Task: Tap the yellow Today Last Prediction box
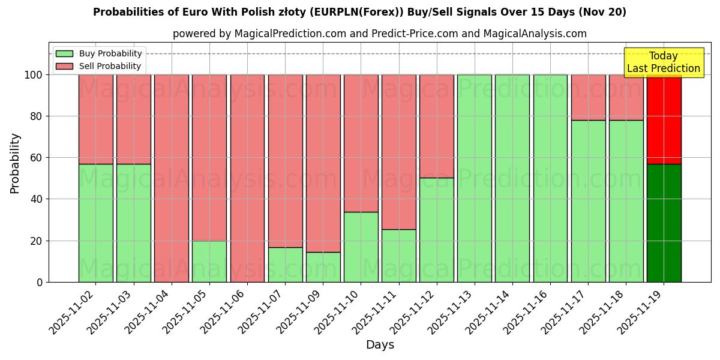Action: tap(663, 62)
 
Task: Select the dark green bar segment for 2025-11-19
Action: tap(664, 223)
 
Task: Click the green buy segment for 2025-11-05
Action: tap(209, 262)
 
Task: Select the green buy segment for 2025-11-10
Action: tap(361, 247)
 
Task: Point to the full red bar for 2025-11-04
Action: tap(172, 178)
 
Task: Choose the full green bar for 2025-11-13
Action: tap(474, 178)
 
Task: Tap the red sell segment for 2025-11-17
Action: tap(588, 97)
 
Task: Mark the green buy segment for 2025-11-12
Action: tap(437, 230)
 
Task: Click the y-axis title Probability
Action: tap(15, 163)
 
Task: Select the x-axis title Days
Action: tap(380, 345)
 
